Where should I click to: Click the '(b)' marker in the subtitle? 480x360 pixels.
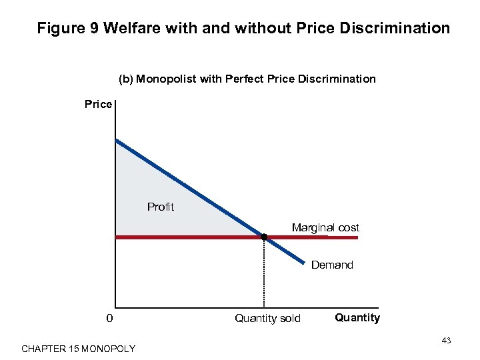(x=126, y=79)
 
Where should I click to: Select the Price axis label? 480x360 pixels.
(x=98, y=105)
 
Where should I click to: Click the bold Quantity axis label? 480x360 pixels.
(x=357, y=317)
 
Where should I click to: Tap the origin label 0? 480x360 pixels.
(x=109, y=318)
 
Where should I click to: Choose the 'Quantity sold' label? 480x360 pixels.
(x=267, y=319)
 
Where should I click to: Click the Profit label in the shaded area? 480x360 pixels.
(x=160, y=207)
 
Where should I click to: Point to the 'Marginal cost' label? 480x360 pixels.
(x=325, y=228)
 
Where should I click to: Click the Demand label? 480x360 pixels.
(x=332, y=265)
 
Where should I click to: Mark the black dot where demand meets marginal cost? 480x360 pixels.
(x=264, y=237)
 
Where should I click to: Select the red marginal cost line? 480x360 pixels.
(x=187, y=237)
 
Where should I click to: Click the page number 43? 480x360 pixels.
(x=446, y=341)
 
